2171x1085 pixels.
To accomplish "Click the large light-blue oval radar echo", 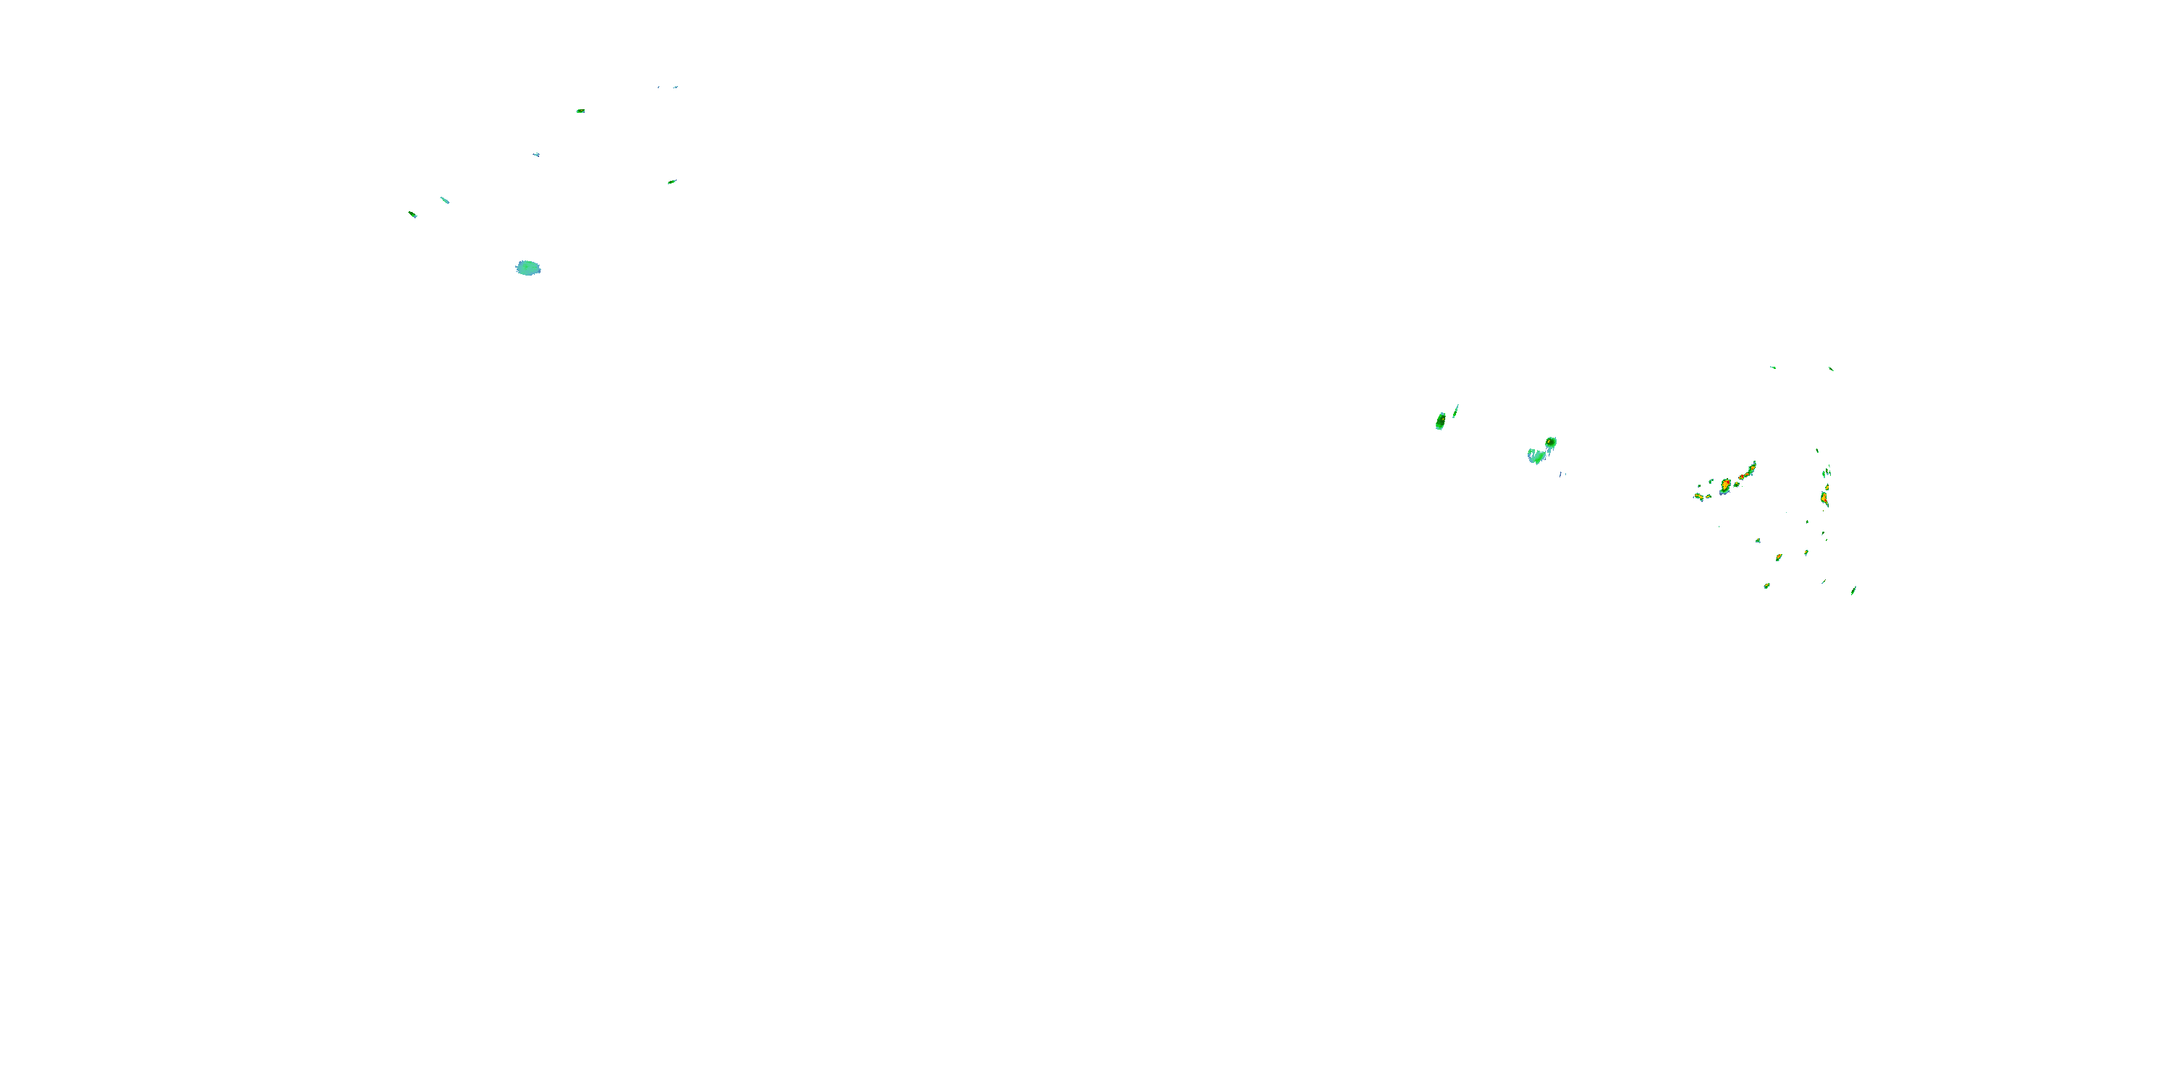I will pos(528,268).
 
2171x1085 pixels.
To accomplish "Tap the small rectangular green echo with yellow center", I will pos(580,111).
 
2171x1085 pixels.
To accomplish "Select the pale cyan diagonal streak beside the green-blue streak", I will pos(444,200).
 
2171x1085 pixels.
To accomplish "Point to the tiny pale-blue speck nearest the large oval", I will pos(536,154).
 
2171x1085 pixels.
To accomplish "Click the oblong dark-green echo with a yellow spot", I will pos(1440,420).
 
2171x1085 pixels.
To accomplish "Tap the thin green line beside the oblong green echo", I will pos(1455,410).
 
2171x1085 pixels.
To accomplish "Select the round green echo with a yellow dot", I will pos(1550,442).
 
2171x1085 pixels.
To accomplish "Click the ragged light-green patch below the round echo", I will pos(1536,456).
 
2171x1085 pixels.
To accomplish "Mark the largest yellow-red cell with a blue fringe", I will pos(1725,485).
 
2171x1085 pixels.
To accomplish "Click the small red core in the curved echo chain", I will pos(1741,477).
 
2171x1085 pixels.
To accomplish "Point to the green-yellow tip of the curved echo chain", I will pos(1753,466).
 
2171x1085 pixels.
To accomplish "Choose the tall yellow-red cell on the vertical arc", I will pos(1824,498).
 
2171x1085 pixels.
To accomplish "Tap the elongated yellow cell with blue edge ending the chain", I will pos(1699,496).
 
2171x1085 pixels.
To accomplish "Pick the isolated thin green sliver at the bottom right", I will pos(1853,590).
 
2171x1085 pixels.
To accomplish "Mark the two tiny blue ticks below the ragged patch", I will pos(1562,475).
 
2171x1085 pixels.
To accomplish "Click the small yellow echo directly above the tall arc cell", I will pos(1826,472).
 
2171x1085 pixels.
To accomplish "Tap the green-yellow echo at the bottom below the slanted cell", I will pos(1766,585).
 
